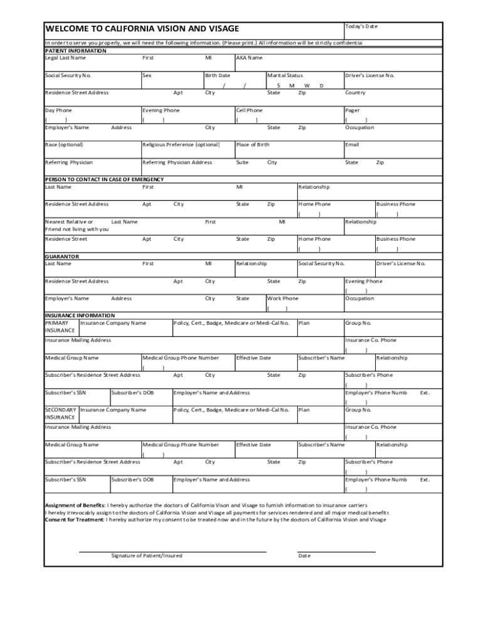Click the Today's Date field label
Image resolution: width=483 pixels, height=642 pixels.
pos(361,26)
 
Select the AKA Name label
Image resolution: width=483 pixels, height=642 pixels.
pos(249,58)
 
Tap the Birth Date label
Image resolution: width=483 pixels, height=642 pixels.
pos(218,75)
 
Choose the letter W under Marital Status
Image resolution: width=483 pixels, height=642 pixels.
pos(307,85)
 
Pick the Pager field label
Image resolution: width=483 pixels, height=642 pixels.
pos(352,110)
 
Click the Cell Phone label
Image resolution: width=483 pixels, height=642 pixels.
pos(249,110)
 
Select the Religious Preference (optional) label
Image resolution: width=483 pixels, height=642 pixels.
pos(181,145)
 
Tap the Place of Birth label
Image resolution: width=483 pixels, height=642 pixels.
pos(252,145)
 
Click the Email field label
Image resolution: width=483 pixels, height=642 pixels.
pos(352,145)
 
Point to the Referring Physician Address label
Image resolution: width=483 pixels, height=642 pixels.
pos(177,162)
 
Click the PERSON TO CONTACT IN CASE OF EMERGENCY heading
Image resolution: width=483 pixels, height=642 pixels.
pos(104,179)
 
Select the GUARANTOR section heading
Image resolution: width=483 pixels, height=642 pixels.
pos(61,256)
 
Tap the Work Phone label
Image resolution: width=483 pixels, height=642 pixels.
pos(283,298)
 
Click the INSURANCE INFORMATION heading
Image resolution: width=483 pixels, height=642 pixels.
pos(80,315)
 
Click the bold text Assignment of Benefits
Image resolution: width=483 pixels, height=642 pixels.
pos(75,505)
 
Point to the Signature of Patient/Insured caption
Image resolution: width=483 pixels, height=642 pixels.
pos(147,555)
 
